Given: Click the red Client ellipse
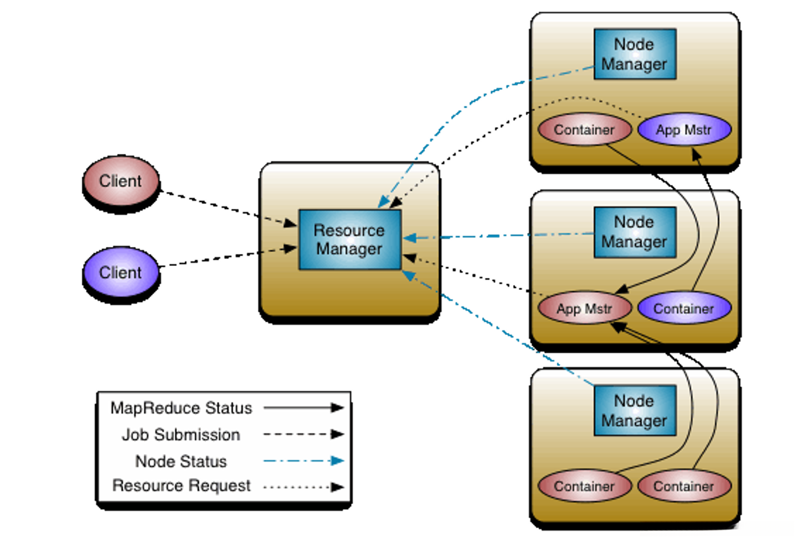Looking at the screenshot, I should pos(120,181).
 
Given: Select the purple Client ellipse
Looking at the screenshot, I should pos(120,273).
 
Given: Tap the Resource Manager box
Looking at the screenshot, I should pos(349,240).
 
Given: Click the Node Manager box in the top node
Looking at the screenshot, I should pos(634,54).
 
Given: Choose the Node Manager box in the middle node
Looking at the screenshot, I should pos(634,232).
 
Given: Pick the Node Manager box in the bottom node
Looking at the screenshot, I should pos(634,410).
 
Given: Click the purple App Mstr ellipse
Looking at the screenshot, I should pos(684,130).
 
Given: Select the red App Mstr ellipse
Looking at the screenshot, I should pos(584,309).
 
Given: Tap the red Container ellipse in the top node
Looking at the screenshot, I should pos(584,130).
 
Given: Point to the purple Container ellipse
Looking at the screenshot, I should pos(684,309).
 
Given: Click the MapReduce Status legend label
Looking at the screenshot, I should pos(181,408).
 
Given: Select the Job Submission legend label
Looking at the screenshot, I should pos(181,435).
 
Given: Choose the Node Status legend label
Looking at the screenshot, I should pos(181,462).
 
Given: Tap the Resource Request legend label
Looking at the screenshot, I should pos(181,486).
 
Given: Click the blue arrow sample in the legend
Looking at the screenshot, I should pos(303,461).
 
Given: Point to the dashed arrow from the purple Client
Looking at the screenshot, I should pos(228,258).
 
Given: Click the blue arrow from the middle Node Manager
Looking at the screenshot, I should pos(501,236).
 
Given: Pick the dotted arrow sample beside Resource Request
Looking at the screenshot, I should pos(303,487).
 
